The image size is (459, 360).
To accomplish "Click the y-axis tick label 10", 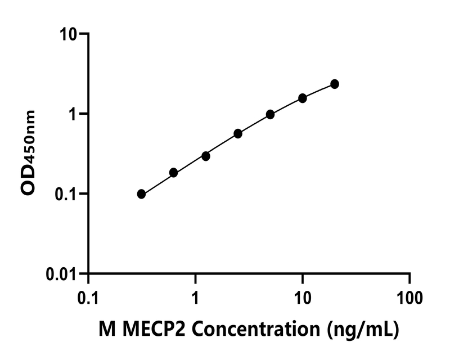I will click(69, 34).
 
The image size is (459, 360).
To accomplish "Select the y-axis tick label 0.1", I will click(67, 194).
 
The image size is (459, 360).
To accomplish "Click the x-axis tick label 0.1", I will click(88, 296).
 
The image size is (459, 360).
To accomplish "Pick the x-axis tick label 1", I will click(195, 296).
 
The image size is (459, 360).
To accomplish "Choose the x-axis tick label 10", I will click(303, 296).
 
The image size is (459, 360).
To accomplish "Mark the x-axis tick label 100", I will click(409, 296).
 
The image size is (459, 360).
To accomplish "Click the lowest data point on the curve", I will click(141, 194).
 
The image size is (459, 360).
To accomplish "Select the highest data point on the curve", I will click(335, 84).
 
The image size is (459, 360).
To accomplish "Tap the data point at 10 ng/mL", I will click(303, 98).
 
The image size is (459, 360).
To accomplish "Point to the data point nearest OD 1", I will click(270, 114).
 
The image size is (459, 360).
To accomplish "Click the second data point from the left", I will click(173, 173).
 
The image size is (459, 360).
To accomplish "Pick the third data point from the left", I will click(206, 156).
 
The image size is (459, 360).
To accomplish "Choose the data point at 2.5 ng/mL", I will click(238, 133).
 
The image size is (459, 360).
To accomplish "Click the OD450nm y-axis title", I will click(29, 153).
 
